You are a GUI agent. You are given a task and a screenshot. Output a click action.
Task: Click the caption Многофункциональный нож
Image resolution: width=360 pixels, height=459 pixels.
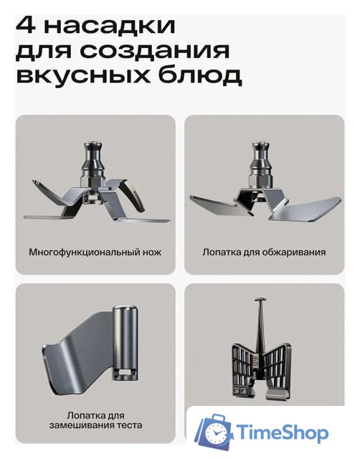(95, 252)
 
